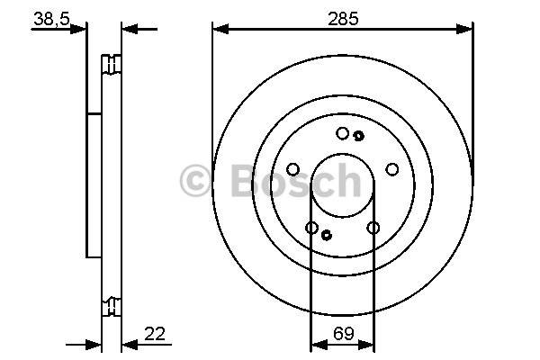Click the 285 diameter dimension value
(x=343, y=19)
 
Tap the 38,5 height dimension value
(x=51, y=19)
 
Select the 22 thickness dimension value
(x=155, y=334)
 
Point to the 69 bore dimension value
(x=344, y=334)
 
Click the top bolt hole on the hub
(x=342, y=133)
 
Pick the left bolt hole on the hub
(x=293, y=169)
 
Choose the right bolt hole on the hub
(x=391, y=169)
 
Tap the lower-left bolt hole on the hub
(x=312, y=228)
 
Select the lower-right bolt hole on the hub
(x=373, y=228)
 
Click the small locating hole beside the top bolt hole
(x=359, y=136)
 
